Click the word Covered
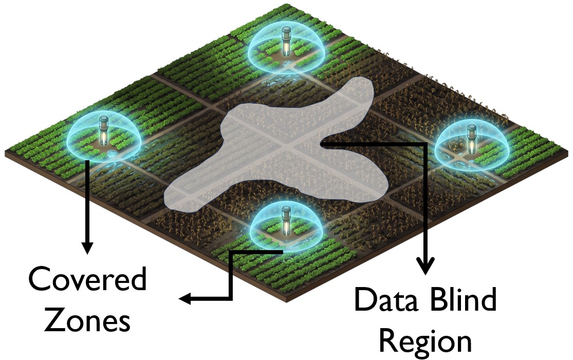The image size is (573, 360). coord(88,278)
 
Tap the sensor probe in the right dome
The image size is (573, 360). coord(472,138)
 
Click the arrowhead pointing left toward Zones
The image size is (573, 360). coord(186,299)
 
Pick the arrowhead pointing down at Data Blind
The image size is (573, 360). coord(424,266)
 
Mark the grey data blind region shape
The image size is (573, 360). coord(270,146)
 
